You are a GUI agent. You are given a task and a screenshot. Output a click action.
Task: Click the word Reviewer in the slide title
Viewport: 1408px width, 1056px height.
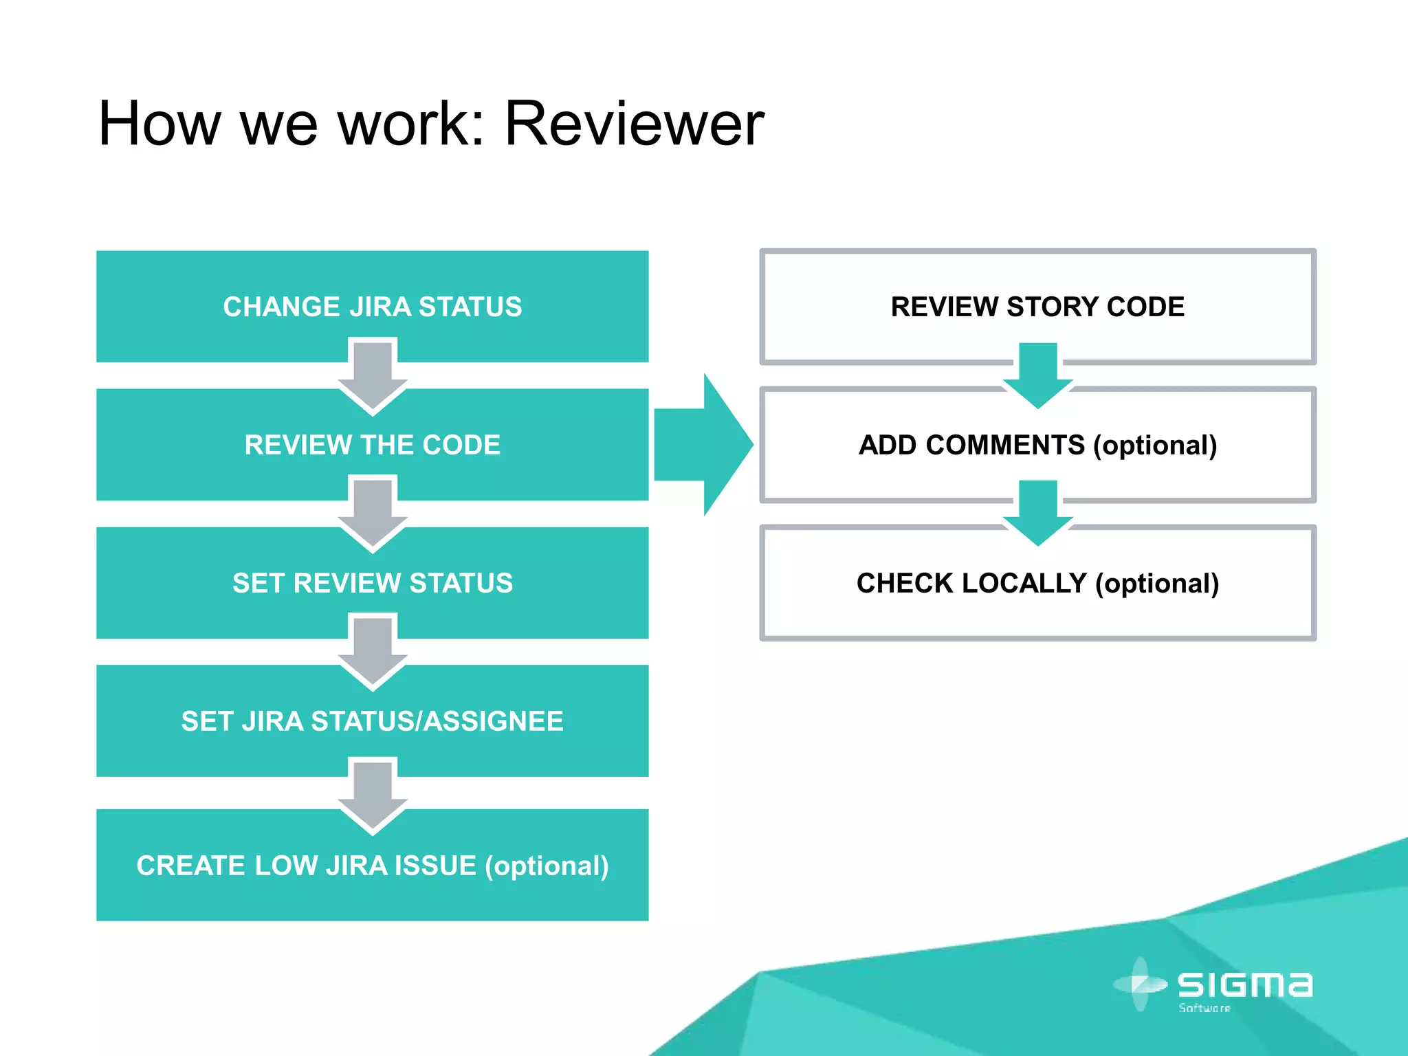click(634, 124)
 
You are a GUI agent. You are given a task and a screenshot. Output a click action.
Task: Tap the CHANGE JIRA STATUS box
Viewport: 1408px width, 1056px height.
click(372, 307)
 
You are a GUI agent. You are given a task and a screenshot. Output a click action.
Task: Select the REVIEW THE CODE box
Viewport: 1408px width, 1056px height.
click(372, 445)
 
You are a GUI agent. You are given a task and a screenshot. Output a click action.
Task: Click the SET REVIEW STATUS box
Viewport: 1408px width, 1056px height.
click(372, 583)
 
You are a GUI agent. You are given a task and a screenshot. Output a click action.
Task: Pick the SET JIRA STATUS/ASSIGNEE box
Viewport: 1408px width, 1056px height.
click(372, 721)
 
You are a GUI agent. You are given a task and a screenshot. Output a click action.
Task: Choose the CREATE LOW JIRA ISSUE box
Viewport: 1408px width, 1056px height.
click(372, 866)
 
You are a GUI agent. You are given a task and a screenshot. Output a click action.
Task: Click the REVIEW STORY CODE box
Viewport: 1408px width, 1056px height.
click(1037, 307)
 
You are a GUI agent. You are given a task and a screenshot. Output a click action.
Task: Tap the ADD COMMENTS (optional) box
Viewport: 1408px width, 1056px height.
click(1037, 445)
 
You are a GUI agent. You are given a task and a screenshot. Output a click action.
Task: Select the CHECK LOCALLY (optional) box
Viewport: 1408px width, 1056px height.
click(1037, 583)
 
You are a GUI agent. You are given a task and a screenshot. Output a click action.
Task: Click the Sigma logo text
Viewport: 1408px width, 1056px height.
click(1244, 984)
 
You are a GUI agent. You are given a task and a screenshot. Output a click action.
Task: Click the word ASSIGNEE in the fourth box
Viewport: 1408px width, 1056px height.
click(493, 721)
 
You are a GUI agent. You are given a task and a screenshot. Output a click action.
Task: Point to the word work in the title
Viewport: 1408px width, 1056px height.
click(410, 124)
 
